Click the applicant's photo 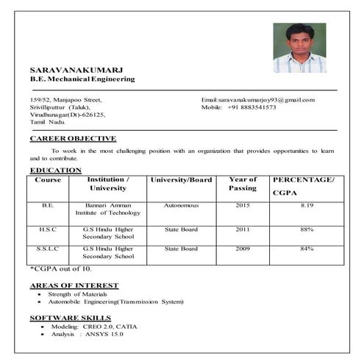coord(299,48)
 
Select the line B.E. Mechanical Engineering coord(82,79)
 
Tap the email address coord(257,99)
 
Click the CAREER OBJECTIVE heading coord(73,138)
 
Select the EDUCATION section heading coord(56,171)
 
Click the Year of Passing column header coord(243,184)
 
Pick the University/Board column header coord(181,180)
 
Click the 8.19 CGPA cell coord(307,206)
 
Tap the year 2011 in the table coord(243,229)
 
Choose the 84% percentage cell coord(307,249)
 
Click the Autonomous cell coord(181,206)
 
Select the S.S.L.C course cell coord(48,249)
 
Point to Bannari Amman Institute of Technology coord(107,210)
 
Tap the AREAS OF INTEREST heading coord(74,285)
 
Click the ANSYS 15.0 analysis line coord(88,334)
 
